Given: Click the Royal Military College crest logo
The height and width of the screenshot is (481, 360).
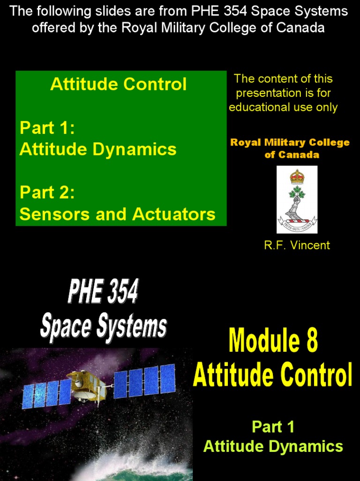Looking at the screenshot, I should coord(297,199).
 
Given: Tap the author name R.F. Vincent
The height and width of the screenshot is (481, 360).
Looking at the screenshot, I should coord(297,245).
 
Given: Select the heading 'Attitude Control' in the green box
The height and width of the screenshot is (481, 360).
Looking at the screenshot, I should coord(118,85).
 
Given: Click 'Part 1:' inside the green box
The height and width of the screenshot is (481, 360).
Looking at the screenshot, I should coord(47,128).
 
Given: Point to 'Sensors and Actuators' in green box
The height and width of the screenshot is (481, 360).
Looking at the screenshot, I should coord(117,214).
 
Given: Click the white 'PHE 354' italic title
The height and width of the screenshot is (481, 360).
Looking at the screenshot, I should coord(103,292).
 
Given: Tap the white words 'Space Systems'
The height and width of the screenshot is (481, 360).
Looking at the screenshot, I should coord(103,325).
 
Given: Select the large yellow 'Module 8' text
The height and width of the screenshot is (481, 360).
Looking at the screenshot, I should coord(273,341).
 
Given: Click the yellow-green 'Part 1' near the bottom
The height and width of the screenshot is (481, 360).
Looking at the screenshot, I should coord(273,427).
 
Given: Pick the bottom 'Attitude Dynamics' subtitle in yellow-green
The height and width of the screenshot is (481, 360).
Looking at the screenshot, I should coord(273,446).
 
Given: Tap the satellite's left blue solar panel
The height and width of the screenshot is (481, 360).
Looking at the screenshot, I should coord(46,394).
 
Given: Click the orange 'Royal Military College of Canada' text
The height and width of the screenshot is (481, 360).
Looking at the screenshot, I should coord(290,148).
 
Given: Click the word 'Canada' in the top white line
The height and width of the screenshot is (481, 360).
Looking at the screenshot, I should coord(300,28).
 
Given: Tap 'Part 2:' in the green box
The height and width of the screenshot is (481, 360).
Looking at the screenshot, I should coord(47,193).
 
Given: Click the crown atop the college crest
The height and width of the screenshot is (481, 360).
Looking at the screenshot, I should coord(297,177).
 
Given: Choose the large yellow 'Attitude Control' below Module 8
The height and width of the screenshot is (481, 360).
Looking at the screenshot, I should coord(272,374).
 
